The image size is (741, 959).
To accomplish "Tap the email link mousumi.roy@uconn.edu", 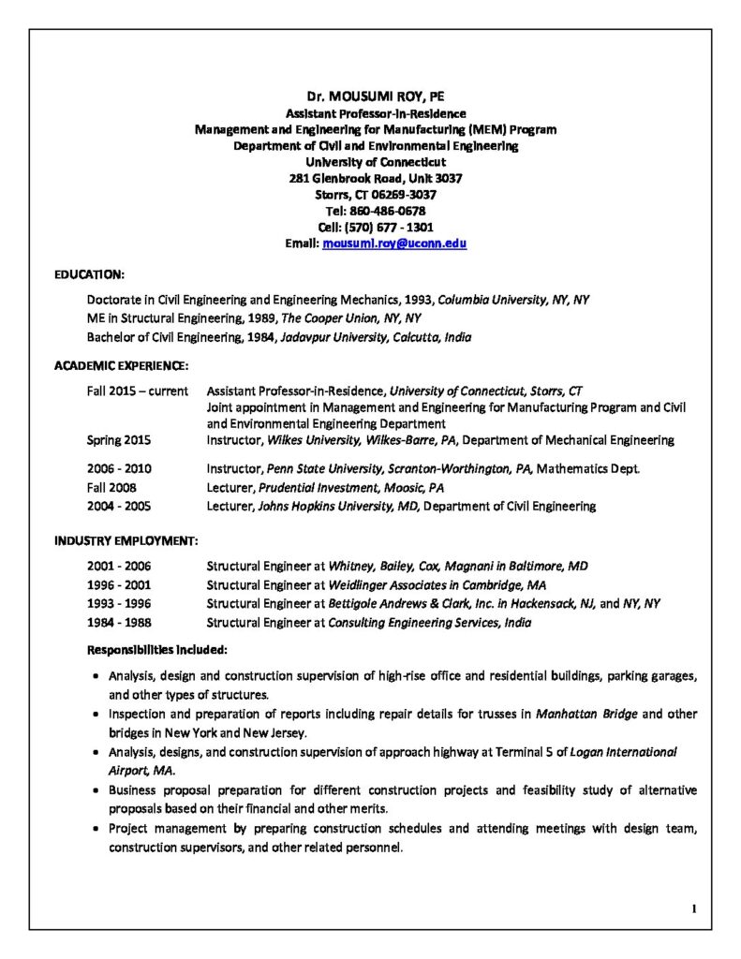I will [x=394, y=243].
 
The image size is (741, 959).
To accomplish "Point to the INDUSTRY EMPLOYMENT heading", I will [x=126, y=540].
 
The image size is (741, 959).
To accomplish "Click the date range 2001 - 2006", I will [x=119, y=567].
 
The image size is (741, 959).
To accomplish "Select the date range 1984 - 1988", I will [x=119, y=623].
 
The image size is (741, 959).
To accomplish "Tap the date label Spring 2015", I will [x=119, y=440].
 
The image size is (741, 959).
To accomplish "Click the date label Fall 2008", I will [x=111, y=488].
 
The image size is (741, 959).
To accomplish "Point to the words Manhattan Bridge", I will [x=586, y=714].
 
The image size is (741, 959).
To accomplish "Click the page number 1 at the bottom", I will [x=694, y=908].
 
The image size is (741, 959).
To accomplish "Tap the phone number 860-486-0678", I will [x=389, y=211].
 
